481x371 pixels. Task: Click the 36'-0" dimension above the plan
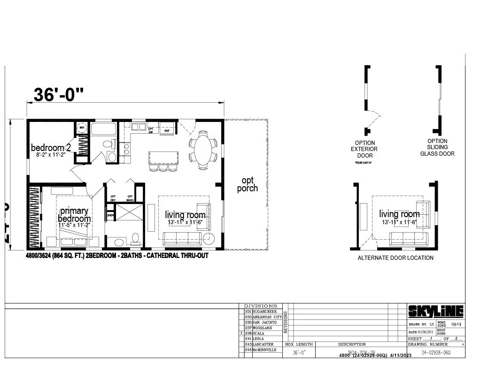(59, 95)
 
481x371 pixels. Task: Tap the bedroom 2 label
(51, 148)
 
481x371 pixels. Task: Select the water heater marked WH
(81, 128)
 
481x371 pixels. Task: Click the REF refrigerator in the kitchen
(167, 128)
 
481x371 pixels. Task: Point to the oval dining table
(203, 149)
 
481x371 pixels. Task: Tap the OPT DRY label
(113, 198)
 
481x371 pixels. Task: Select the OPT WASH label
(130, 198)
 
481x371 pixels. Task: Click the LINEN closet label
(110, 216)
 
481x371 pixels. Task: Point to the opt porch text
(247, 184)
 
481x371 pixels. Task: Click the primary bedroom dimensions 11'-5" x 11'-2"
(75, 225)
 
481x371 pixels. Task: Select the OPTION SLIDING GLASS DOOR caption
(437, 147)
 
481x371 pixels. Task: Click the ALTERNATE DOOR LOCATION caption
(396, 258)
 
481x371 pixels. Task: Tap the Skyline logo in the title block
(435, 311)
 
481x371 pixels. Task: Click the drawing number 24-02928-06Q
(435, 352)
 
